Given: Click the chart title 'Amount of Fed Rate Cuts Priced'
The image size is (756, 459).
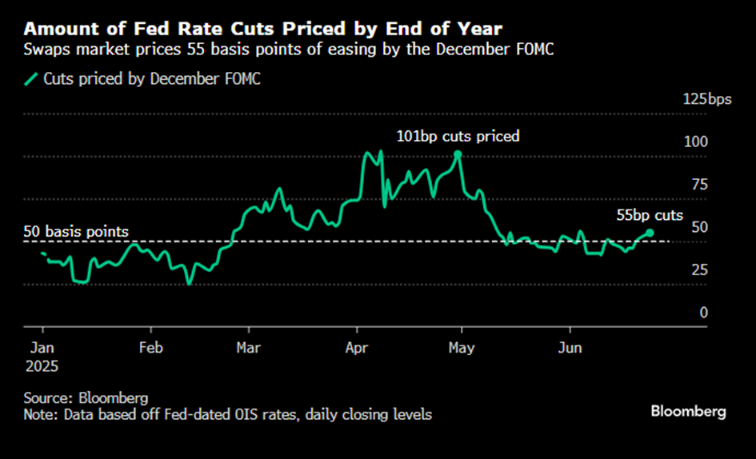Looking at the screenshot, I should (x=263, y=29).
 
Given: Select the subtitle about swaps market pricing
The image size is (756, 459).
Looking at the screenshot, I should (x=288, y=50).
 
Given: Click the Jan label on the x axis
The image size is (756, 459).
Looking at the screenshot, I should (x=42, y=348).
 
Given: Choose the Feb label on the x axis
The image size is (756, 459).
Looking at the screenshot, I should (x=150, y=348).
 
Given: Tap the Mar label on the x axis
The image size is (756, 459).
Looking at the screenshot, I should (x=249, y=348).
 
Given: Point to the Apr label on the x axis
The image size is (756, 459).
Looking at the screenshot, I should (x=357, y=348).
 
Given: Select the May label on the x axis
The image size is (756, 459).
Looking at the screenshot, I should (x=462, y=348).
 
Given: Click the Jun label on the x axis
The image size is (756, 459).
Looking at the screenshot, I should (x=570, y=348).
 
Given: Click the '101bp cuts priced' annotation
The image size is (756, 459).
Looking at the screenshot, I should (x=458, y=136).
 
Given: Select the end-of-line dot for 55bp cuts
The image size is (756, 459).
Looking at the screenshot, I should (x=650, y=233).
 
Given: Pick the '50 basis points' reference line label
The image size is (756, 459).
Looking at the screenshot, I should (x=76, y=231).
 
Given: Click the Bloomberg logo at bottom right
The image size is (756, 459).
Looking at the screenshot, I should (x=688, y=411).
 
